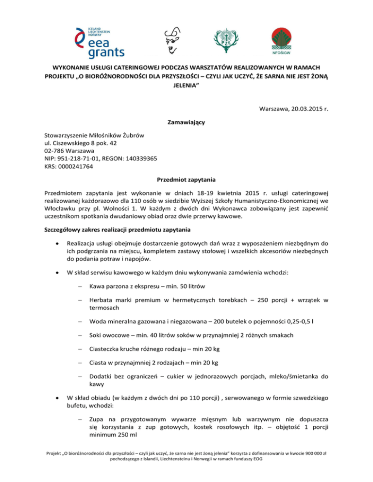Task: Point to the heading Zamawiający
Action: pos(186,123)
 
